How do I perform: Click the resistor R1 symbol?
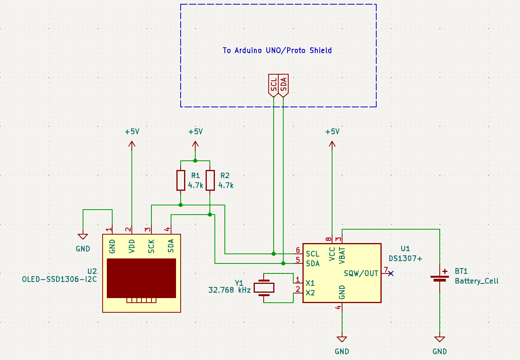(x=181, y=180)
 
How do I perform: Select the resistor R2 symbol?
(x=210, y=180)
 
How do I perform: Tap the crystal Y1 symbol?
(x=264, y=288)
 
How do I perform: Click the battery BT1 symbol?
(x=440, y=278)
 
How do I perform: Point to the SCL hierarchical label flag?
(x=274, y=85)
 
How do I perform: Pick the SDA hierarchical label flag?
(x=284, y=85)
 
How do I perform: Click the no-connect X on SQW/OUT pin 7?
(x=391, y=273)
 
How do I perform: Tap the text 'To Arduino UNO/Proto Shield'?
(x=277, y=50)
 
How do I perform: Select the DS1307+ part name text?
(x=405, y=258)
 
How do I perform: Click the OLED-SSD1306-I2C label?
(x=60, y=279)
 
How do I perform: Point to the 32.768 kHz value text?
(x=229, y=290)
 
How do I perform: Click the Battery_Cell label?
(x=477, y=281)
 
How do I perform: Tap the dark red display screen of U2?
(x=141, y=278)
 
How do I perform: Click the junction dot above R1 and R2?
(x=195, y=161)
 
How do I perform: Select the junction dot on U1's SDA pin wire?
(x=283, y=263)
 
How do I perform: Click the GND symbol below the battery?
(x=440, y=339)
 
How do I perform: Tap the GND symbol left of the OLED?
(x=83, y=237)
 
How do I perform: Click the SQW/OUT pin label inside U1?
(x=361, y=273)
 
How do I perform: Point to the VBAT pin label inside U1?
(x=342, y=255)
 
